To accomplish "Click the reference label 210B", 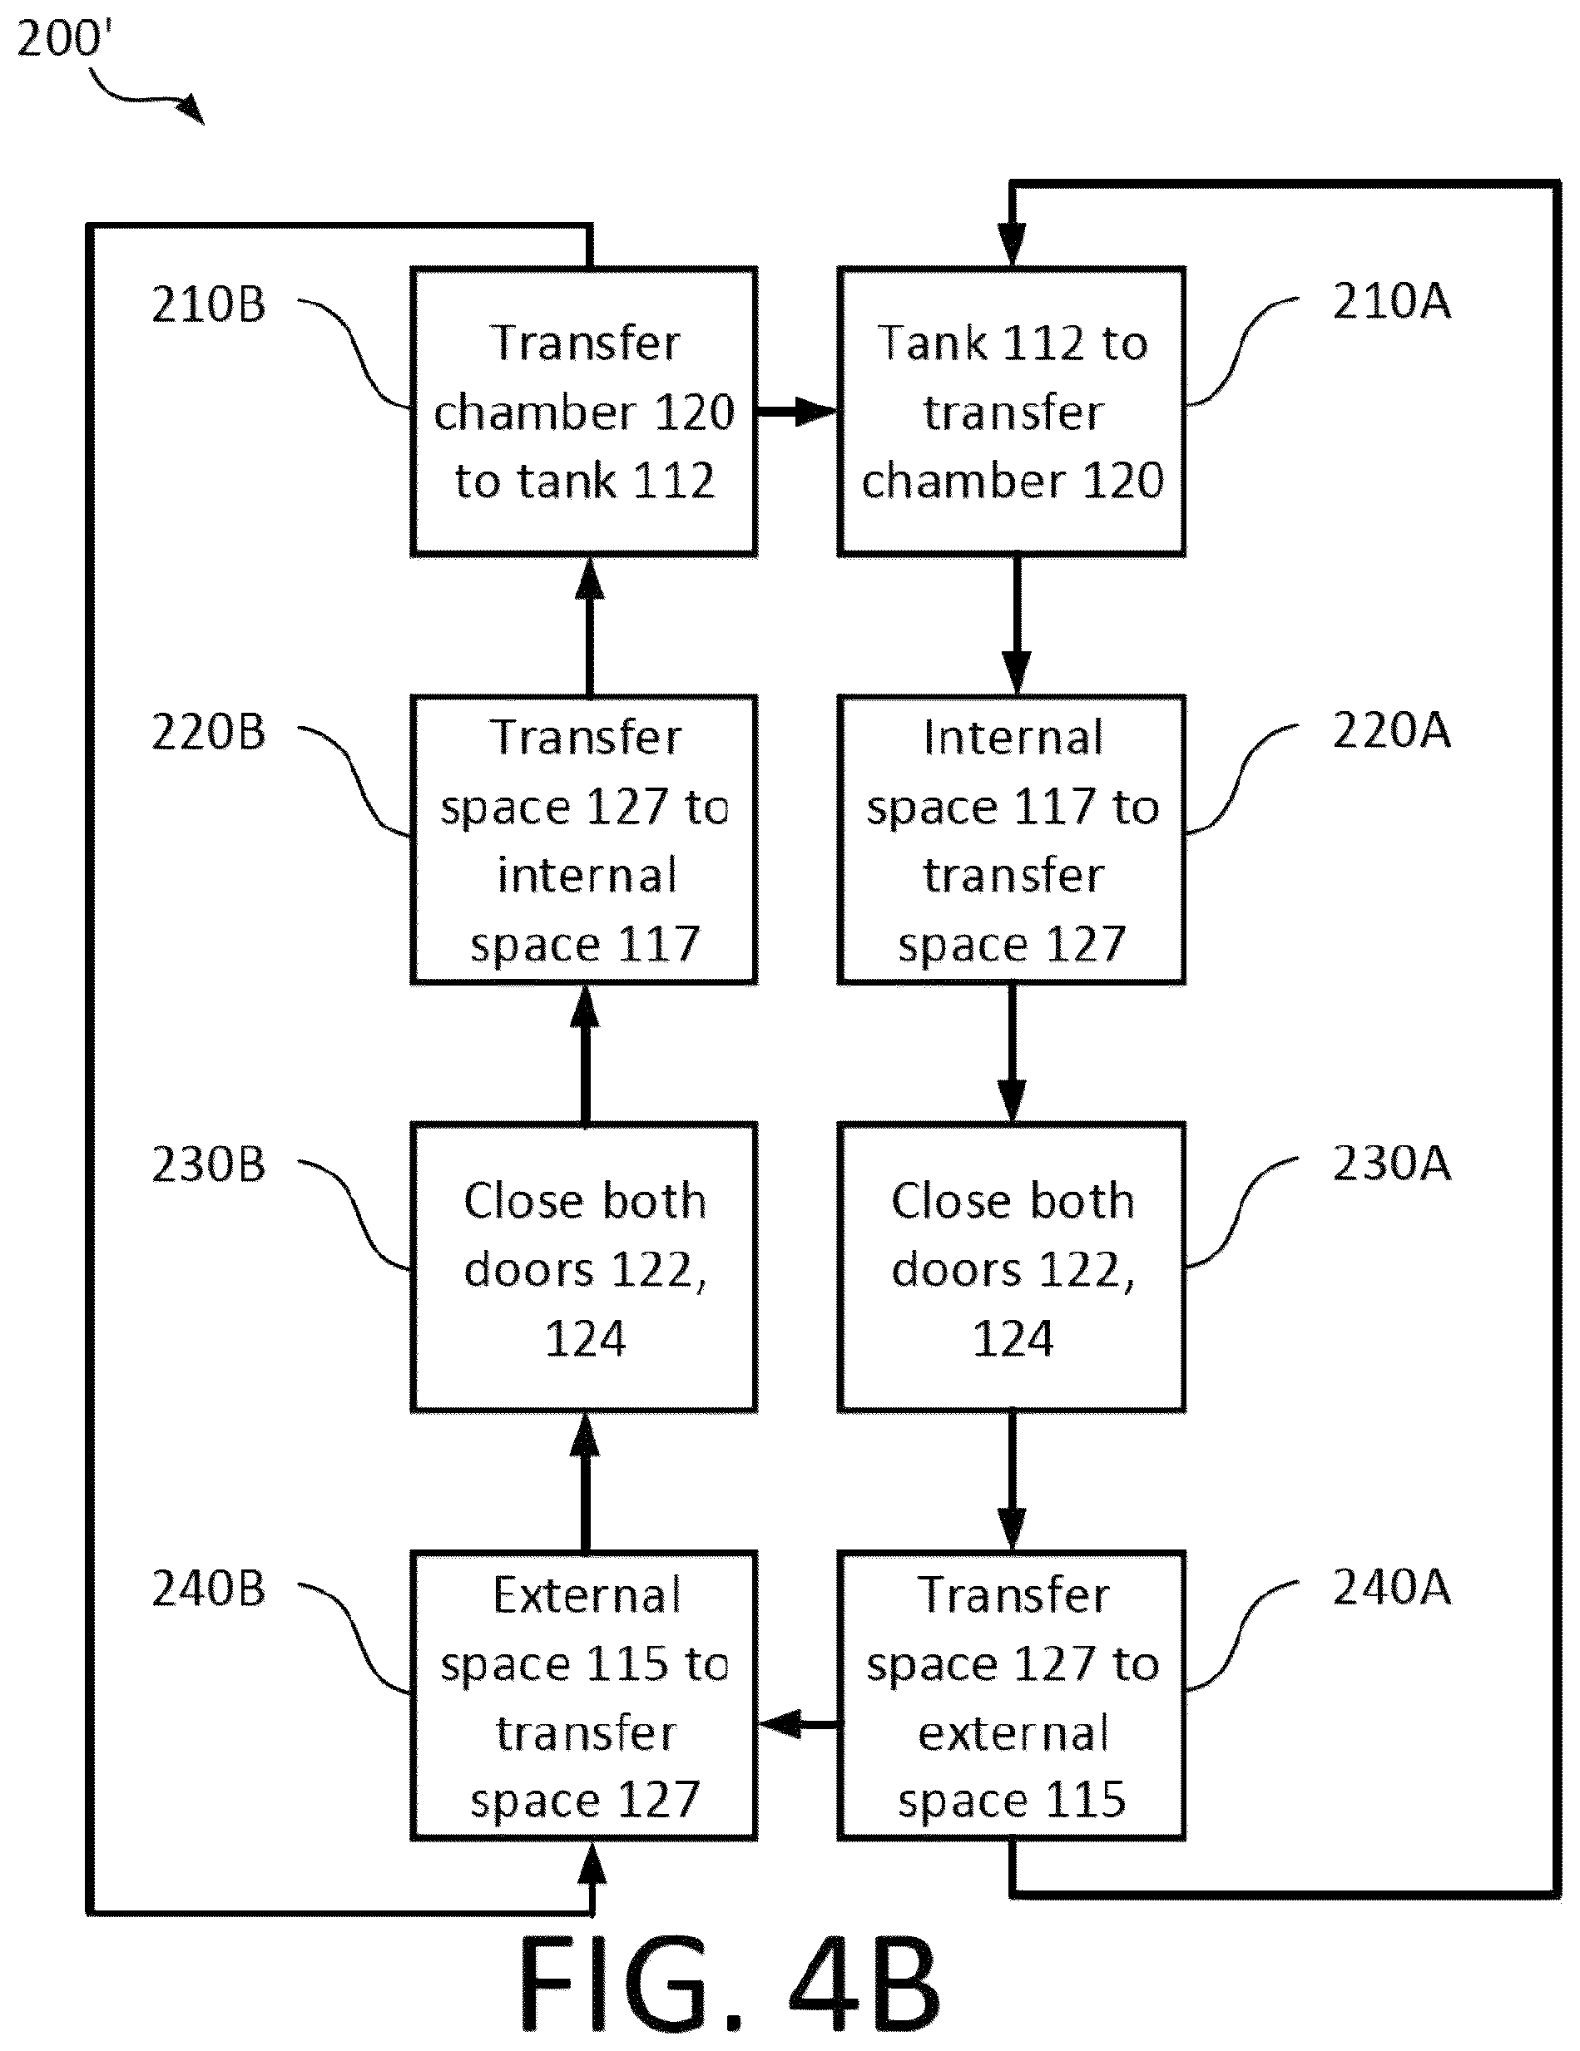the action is point(209,305).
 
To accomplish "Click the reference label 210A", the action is point(1392,301).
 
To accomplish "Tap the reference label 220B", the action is point(209,733).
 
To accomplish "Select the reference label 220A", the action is point(1392,730).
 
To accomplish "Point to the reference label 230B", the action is point(209,1164).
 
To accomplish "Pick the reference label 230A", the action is point(1392,1163).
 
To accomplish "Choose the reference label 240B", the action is point(209,1589).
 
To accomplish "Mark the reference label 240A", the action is point(1392,1587).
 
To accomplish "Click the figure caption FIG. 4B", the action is point(729,1984).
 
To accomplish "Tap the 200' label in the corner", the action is point(64,39).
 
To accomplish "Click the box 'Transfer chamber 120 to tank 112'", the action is point(584,412).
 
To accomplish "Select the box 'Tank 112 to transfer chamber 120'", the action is point(1012,412).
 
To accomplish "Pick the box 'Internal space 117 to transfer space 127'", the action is point(1012,839).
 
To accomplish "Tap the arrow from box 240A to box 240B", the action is point(799,1724).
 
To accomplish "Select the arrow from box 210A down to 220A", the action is point(1015,625).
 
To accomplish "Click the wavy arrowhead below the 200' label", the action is point(191,110).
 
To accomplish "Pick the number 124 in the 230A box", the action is point(1012,1338).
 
